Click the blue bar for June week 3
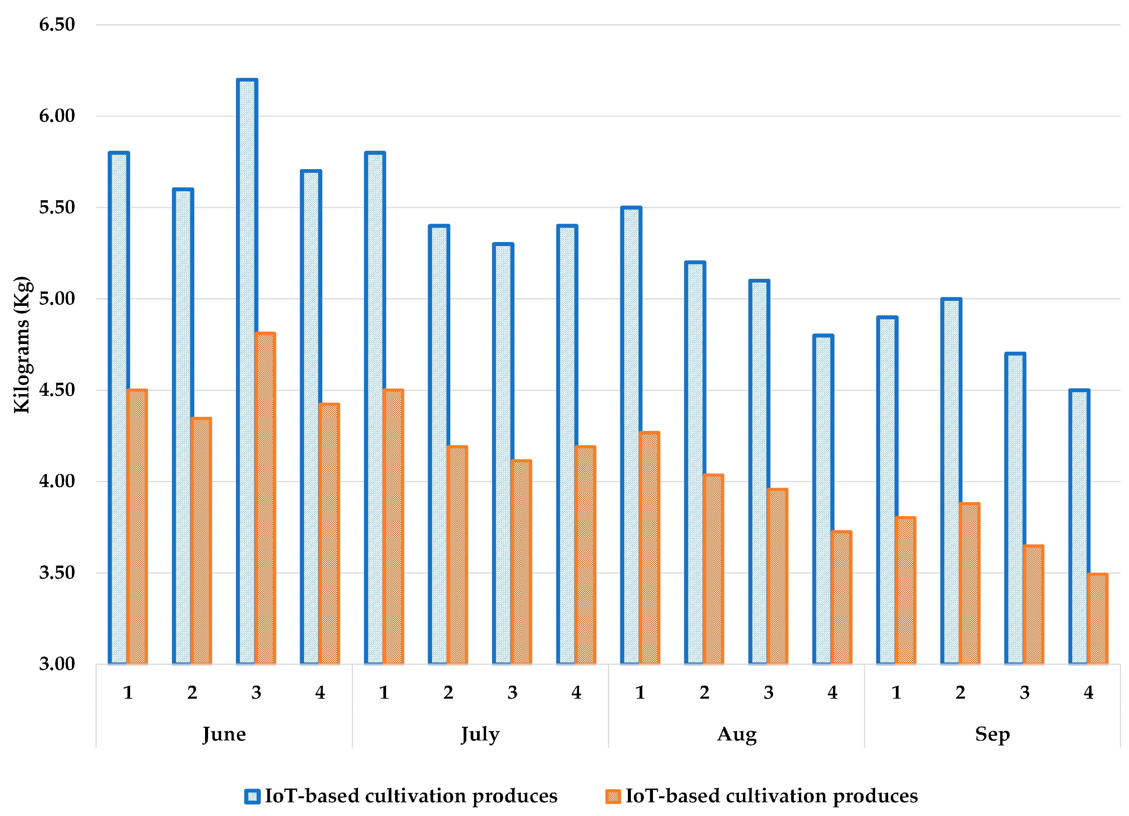coord(247,371)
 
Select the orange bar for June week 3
coord(265,497)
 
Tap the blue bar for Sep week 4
coord(1079,527)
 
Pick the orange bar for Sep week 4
coord(1097,618)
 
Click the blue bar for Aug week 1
coord(631,435)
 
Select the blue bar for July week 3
coord(503,453)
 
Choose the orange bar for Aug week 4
coord(841,597)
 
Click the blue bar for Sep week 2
coord(951,481)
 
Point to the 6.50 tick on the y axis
coord(57,24)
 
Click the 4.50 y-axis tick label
coord(57,389)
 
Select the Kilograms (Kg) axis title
coord(22,344)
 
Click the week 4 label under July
coord(576,692)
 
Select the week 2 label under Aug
coord(704,692)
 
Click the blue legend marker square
coord(252,796)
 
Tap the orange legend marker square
coord(613,796)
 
